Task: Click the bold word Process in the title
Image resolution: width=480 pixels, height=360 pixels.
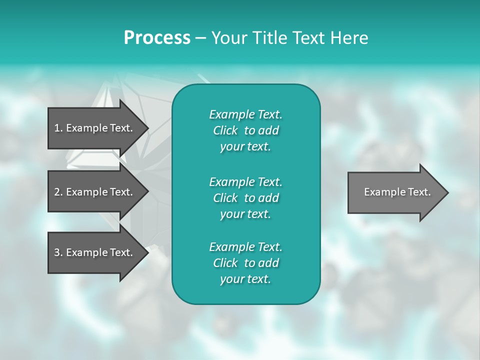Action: [x=157, y=38]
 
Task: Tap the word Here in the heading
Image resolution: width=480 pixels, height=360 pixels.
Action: [x=349, y=38]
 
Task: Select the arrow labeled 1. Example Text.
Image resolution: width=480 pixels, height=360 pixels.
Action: [x=93, y=128]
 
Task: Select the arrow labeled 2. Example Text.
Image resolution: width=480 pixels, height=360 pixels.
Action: [x=93, y=192]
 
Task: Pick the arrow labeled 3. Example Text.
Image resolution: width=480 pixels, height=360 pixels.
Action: [x=93, y=252]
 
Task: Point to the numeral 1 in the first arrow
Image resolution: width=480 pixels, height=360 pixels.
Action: [x=57, y=128]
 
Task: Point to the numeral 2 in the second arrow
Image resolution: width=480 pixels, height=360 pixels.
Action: [x=57, y=192]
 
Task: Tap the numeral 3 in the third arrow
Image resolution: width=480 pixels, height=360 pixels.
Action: [x=57, y=252]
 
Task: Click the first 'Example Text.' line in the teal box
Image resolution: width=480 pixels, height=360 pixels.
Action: [x=245, y=114]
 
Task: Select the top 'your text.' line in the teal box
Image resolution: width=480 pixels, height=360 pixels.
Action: [x=245, y=146]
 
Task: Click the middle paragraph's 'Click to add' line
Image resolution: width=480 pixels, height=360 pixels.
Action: [x=245, y=198]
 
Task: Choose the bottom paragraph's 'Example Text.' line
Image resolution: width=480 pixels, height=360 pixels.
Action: [x=245, y=247]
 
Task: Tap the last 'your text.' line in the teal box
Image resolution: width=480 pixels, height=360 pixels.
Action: [x=245, y=279]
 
